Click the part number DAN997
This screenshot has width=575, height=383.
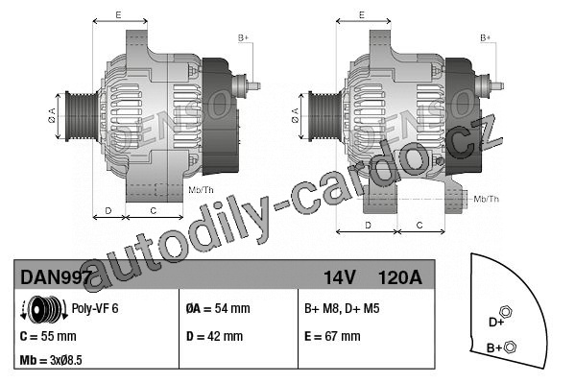click(x=56, y=277)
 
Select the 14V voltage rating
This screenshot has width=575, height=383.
click(x=339, y=277)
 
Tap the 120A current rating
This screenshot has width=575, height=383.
click(x=399, y=277)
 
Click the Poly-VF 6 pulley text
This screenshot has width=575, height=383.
click(x=95, y=308)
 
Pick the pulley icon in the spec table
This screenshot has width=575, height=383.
click(x=44, y=309)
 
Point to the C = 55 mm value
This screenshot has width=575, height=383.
click(x=48, y=336)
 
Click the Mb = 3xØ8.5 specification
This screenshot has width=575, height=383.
click(x=51, y=360)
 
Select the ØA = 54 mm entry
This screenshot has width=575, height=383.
click(x=218, y=308)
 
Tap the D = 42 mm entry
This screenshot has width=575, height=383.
click(x=214, y=336)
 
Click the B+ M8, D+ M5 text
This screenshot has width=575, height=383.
click(x=342, y=308)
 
